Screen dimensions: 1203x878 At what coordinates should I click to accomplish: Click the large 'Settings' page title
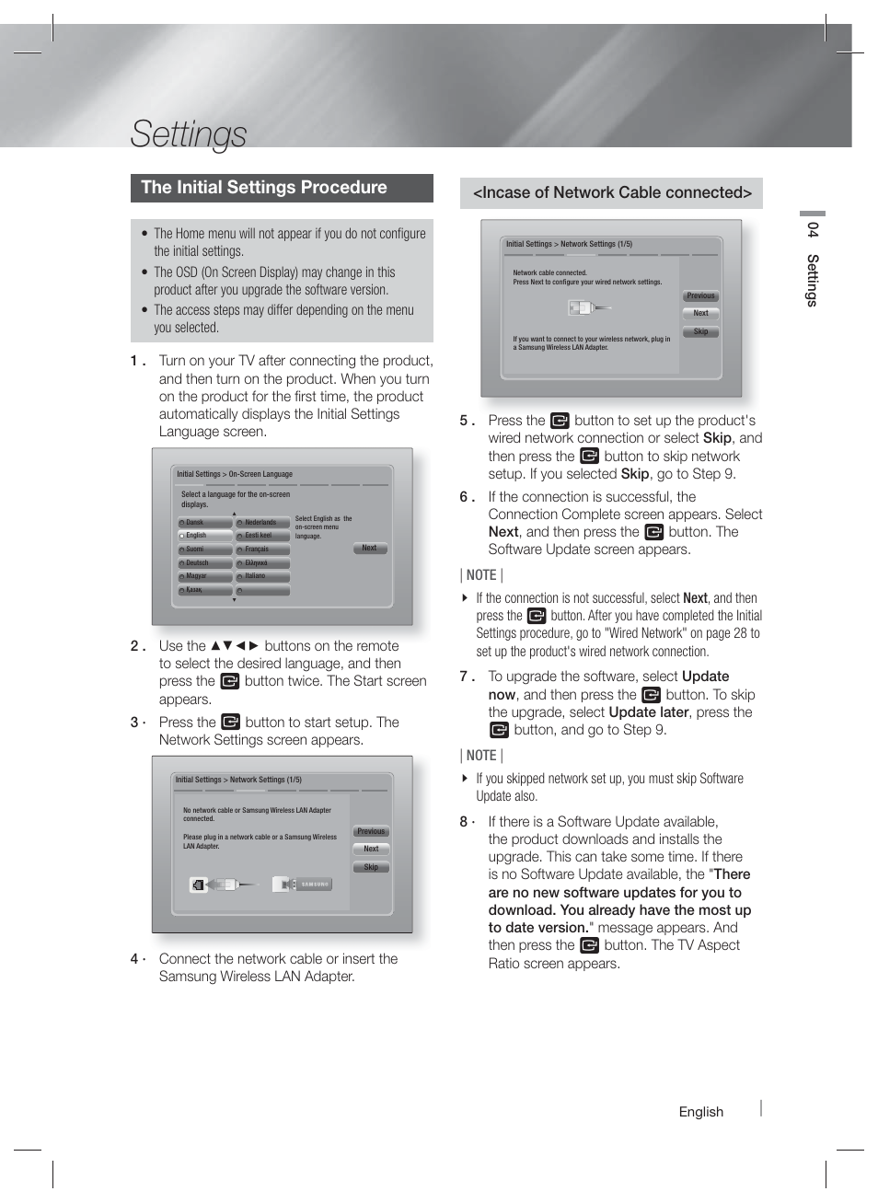(x=189, y=133)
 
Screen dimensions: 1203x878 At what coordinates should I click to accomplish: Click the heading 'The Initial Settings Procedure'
(x=264, y=188)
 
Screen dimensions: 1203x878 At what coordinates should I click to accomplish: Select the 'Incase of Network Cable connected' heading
(x=612, y=193)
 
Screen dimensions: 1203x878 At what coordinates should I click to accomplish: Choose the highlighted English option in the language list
(x=204, y=536)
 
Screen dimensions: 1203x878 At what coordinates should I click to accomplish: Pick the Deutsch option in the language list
(x=204, y=562)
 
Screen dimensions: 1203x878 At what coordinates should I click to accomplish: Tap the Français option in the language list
(x=262, y=549)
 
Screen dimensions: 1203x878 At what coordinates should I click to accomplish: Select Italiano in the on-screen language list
(x=262, y=576)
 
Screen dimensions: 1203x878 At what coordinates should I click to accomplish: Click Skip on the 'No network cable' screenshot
(x=371, y=867)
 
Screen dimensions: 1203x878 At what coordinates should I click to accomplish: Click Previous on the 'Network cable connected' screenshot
(x=700, y=296)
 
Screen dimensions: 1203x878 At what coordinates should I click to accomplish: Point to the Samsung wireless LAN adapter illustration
(x=302, y=885)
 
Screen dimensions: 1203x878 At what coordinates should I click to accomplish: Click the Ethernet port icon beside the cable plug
(x=198, y=885)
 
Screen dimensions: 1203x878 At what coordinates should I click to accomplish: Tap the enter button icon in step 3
(x=230, y=723)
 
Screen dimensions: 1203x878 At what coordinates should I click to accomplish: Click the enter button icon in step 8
(x=589, y=945)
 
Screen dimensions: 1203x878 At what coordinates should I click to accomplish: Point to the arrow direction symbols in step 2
(x=235, y=646)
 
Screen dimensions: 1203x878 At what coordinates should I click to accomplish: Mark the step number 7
(x=465, y=677)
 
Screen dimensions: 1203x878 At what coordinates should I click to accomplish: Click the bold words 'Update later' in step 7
(x=648, y=712)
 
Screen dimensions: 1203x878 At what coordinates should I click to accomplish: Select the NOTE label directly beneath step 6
(x=481, y=575)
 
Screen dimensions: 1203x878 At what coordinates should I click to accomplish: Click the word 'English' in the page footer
(x=700, y=1112)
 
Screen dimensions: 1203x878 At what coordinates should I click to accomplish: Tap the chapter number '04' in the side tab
(x=812, y=229)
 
